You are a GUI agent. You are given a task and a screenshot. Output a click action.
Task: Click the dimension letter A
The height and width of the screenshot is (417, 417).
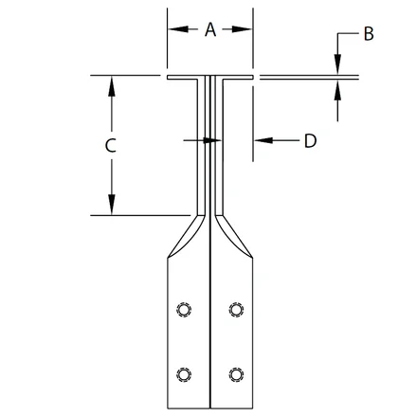point(210,29)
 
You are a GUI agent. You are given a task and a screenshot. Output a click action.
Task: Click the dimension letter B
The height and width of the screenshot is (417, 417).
point(369,33)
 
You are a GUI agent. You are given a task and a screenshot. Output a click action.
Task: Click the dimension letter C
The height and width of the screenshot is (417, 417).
point(111,146)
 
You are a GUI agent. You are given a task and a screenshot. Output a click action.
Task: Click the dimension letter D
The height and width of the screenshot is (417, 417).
point(310,140)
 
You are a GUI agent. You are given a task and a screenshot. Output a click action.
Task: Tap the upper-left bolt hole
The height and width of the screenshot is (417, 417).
point(184,310)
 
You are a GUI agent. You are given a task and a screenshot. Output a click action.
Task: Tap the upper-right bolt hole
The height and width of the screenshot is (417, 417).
point(236,310)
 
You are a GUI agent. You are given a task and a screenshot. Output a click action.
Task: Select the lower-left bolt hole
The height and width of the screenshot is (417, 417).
point(184,374)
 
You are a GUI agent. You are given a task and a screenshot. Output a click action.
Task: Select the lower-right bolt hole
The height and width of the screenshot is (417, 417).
point(236,374)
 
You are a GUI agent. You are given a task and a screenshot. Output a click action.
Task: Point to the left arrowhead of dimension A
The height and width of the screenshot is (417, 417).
point(178,29)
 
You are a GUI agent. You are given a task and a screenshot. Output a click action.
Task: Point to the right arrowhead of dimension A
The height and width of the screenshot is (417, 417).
point(243,29)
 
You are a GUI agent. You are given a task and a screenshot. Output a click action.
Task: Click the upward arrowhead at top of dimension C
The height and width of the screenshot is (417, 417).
point(111,86)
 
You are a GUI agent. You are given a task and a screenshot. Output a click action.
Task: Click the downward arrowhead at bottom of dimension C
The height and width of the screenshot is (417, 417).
point(111,205)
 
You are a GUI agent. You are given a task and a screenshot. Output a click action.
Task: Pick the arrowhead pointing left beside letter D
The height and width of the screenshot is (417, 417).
point(263,140)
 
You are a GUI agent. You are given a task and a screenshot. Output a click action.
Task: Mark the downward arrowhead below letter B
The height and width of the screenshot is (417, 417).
point(337,65)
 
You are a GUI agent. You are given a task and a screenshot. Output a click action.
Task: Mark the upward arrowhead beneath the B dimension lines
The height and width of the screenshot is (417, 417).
point(337,89)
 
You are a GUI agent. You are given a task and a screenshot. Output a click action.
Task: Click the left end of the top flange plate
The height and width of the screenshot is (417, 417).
point(168,77)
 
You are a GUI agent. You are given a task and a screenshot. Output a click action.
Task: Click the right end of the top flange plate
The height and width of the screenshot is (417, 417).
point(253,77)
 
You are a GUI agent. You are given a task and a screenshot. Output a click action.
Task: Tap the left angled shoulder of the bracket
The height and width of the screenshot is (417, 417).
point(185,237)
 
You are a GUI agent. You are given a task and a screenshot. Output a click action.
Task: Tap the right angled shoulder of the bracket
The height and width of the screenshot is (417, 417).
point(235,237)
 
